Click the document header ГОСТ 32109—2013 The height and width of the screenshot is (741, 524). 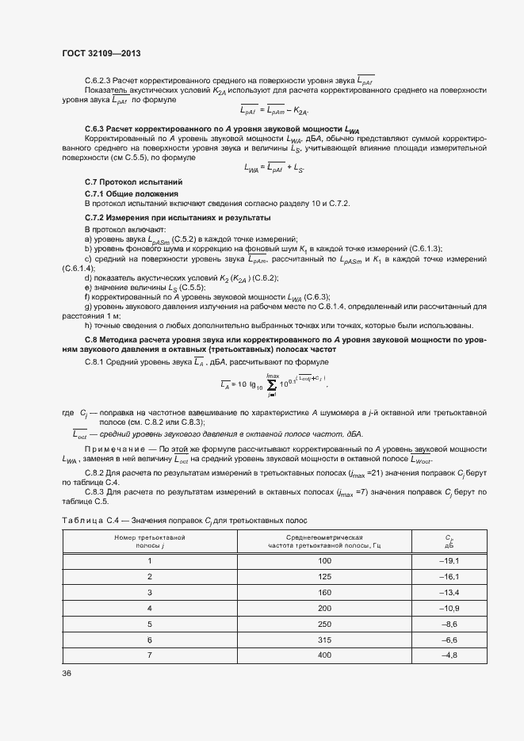pos(101,53)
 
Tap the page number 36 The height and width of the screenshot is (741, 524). pos(67,672)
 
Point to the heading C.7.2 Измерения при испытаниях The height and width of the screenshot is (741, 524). pos(178,216)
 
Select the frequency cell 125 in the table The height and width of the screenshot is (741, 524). pos(324,576)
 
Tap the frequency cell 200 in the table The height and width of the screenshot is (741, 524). pos(324,608)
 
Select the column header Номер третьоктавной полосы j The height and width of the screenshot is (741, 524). pos(149,541)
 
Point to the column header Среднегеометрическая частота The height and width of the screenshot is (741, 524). pos(324,541)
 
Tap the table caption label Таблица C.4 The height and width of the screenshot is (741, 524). pos(89,518)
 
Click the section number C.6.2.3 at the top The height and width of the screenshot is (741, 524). pos(99,80)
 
